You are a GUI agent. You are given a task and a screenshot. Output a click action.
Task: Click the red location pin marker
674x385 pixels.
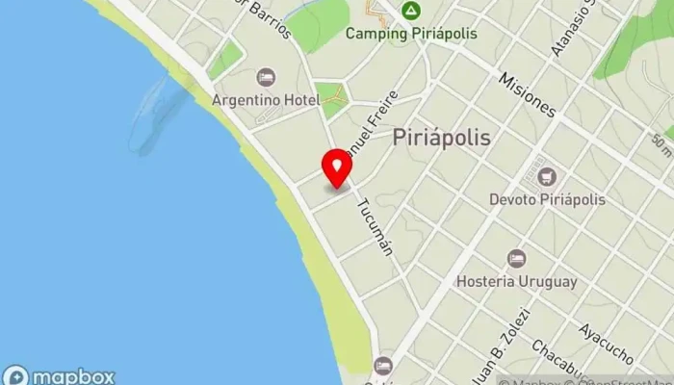[x=337, y=168]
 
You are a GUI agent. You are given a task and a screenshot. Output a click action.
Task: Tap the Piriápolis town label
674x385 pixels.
[x=442, y=138]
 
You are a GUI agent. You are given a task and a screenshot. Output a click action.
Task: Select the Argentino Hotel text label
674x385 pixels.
[x=266, y=100]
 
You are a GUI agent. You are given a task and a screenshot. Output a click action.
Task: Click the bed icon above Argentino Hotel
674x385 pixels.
[x=266, y=77]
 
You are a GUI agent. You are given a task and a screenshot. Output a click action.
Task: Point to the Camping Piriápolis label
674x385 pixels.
[x=411, y=33]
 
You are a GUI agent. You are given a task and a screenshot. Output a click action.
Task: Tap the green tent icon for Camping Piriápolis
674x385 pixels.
[x=411, y=11]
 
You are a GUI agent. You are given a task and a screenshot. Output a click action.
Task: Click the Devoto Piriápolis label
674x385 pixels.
[x=548, y=199]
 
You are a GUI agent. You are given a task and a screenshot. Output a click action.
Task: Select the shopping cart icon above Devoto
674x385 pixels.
[x=548, y=177]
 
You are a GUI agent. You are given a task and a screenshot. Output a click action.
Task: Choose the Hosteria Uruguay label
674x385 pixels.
[x=517, y=281]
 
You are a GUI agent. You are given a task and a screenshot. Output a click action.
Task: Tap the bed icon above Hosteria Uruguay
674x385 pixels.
[x=517, y=259]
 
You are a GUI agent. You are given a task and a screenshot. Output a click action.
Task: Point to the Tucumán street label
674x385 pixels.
[x=375, y=226]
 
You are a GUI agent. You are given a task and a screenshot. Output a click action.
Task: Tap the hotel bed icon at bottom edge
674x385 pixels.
[x=383, y=366]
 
